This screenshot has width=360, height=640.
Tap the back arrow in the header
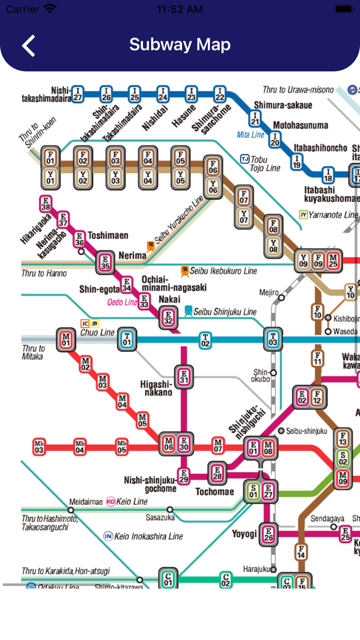coord(29,45)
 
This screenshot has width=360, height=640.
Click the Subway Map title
coord(179,44)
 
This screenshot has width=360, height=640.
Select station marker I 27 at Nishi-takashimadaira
coord(77,94)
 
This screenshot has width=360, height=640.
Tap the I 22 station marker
coord(220,94)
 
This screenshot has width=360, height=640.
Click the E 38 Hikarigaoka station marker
coord(46,204)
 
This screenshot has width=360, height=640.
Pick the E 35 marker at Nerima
coord(105,263)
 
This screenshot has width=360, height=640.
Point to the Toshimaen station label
coord(108,236)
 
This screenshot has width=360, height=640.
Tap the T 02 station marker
coord(205,340)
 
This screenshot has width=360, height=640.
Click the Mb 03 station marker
coord(39,447)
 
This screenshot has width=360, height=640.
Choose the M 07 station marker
coord(218,446)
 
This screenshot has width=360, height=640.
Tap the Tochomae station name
coord(214,492)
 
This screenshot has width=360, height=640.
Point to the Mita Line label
coord(250,135)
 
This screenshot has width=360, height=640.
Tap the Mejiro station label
coord(268,293)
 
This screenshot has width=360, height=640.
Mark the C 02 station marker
coord(225,580)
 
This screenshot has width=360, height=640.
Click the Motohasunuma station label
coord(300,125)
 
